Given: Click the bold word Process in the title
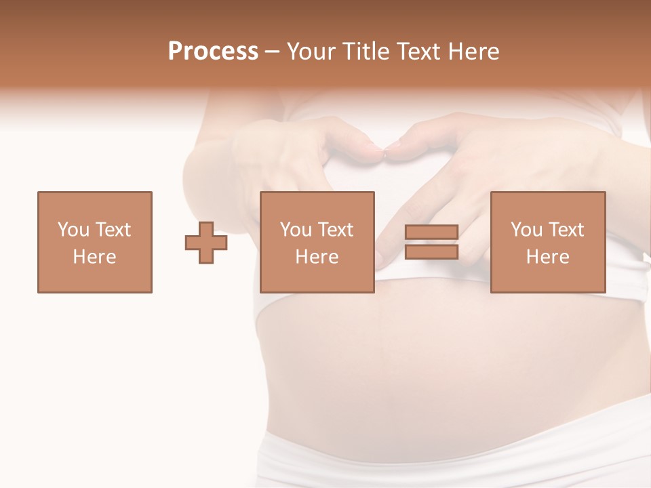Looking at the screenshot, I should click(213, 52).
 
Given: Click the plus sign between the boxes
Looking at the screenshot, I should click(206, 243).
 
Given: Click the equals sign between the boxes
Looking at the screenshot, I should click(431, 242).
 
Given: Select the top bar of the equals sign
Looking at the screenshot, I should click(431, 232).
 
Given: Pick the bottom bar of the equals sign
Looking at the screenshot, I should click(431, 251).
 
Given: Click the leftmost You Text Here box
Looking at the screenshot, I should click(95, 242).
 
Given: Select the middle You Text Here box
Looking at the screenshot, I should click(317, 242).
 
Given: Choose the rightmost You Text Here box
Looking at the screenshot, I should click(547, 242).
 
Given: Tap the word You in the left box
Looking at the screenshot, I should click(73, 229).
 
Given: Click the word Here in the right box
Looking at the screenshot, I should click(547, 257).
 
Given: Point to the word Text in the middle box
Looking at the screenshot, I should click(336, 229).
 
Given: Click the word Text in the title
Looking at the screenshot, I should click(418, 52).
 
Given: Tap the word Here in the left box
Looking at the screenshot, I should click(95, 257).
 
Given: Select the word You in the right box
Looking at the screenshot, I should click(526, 229).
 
